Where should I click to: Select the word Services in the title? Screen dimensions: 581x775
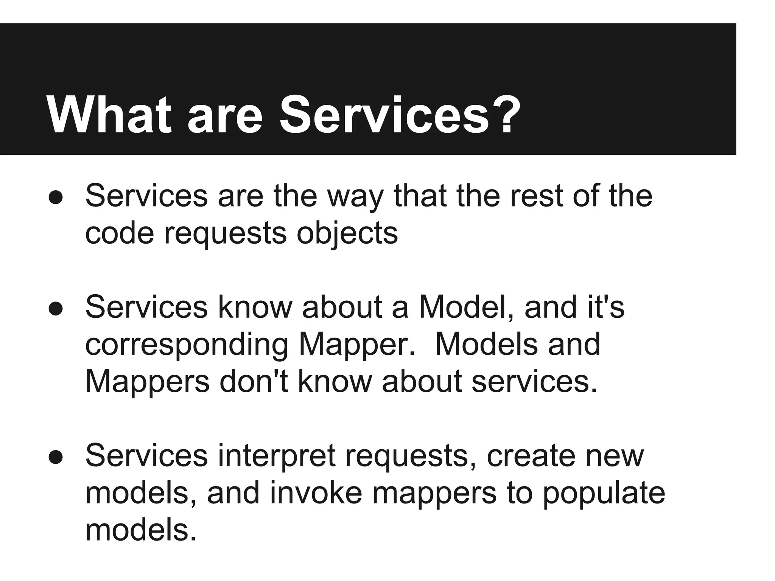pyautogui.click(x=384, y=115)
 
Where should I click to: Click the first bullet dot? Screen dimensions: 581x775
pyautogui.click(x=56, y=197)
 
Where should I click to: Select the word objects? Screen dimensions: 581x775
pyautogui.click(x=347, y=234)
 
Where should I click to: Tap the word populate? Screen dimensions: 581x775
pyautogui.click(x=604, y=494)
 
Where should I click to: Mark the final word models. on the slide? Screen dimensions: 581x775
pyautogui.click(x=141, y=530)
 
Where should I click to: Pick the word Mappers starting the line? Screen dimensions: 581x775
pyautogui.click(x=148, y=382)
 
